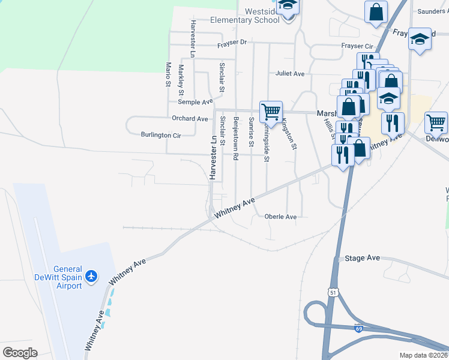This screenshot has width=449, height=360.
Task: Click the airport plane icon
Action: click(x=91, y=276)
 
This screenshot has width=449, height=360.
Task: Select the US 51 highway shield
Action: click(x=333, y=292)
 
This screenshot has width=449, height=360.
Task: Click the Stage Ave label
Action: click(x=362, y=258)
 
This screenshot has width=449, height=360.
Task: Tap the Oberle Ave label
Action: click(x=281, y=217)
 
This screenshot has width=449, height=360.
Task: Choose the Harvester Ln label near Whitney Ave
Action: click(x=212, y=157)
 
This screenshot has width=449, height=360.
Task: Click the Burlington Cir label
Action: click(x=160, y=135)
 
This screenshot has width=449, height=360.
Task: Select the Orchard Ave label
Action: click(x=190, y=119)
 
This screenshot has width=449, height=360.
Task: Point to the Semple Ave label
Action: click(x=191, y=102)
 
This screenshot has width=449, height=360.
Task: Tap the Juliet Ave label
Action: click(x=291, y=73)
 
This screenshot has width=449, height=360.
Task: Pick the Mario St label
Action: click(x=169, y=74)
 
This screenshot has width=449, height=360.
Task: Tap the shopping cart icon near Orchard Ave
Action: click(x=271, y=112)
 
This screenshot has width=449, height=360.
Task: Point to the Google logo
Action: click(x=20, y=353)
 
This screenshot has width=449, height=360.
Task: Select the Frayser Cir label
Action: click(x=357, y=46)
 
